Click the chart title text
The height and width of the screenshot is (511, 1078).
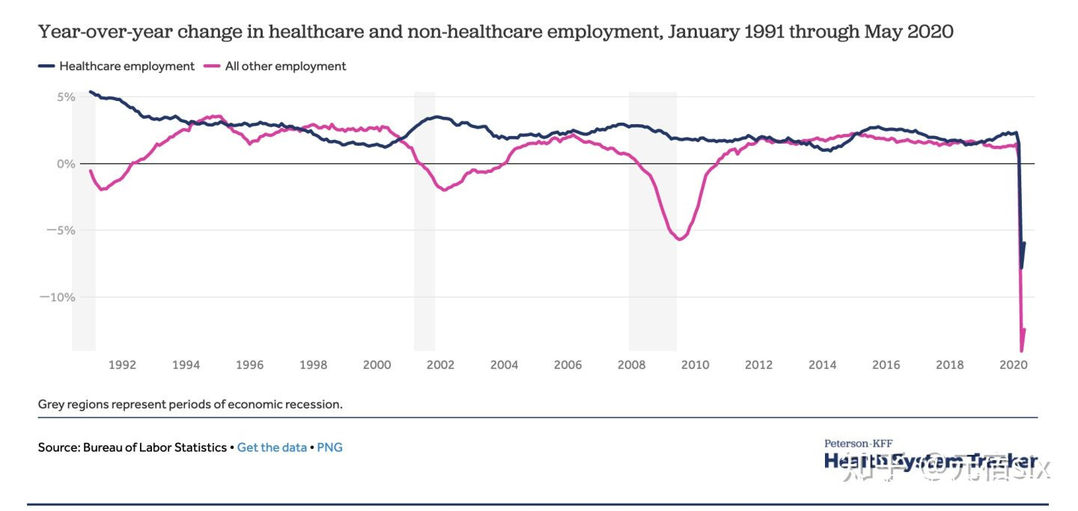point(496,31)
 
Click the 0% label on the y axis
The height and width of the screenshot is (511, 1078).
point(65,163)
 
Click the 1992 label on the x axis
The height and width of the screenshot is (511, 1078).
point(122,365)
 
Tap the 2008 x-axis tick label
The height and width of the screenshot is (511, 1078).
point(631,365)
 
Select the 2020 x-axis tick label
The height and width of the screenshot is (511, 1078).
point(1013,365)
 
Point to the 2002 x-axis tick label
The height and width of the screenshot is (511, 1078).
point(440,365)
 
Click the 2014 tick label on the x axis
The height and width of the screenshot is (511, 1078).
point(822,365)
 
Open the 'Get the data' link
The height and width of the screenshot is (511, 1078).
point(272,447)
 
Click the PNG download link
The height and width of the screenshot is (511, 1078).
point(329,447)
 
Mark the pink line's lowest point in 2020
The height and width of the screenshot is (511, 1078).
point(1021,350)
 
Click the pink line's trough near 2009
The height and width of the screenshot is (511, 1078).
point(679,239)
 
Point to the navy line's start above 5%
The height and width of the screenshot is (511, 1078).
point(90,92)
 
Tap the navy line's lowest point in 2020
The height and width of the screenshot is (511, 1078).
point(1021,267)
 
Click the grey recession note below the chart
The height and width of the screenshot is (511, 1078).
point(190,404)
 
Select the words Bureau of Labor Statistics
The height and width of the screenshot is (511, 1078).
point(155,447)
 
